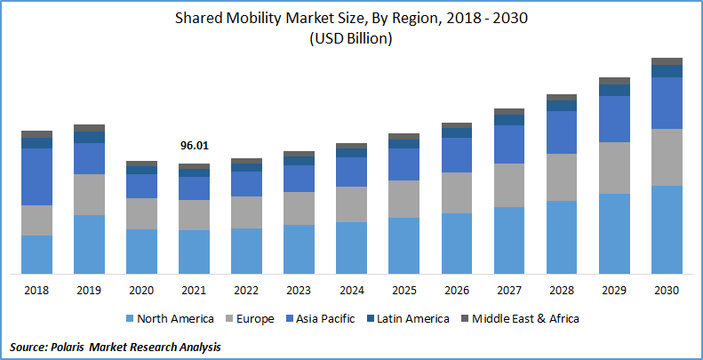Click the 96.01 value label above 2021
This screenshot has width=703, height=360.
pos(194,146)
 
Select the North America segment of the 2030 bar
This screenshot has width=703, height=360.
pos(667,229)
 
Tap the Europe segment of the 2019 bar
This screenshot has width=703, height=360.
pos(89,195)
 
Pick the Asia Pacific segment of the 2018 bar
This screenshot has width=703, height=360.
pos(36,177)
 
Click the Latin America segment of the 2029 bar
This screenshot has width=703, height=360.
pos(614,90)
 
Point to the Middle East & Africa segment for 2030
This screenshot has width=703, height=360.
pos(667,61)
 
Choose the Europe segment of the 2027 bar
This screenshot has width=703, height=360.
pos(509,185)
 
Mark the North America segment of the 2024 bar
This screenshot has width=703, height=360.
pos(352,247)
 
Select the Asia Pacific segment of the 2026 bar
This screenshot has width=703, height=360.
pos(457,155)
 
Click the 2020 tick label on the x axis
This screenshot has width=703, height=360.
pos(141,290)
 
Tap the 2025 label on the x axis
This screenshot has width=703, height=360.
pos(404,290)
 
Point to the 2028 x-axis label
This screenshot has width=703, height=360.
pos(562,290)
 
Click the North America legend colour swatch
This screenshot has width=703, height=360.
pos(130,318)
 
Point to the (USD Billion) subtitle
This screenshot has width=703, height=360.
pos(352,39)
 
